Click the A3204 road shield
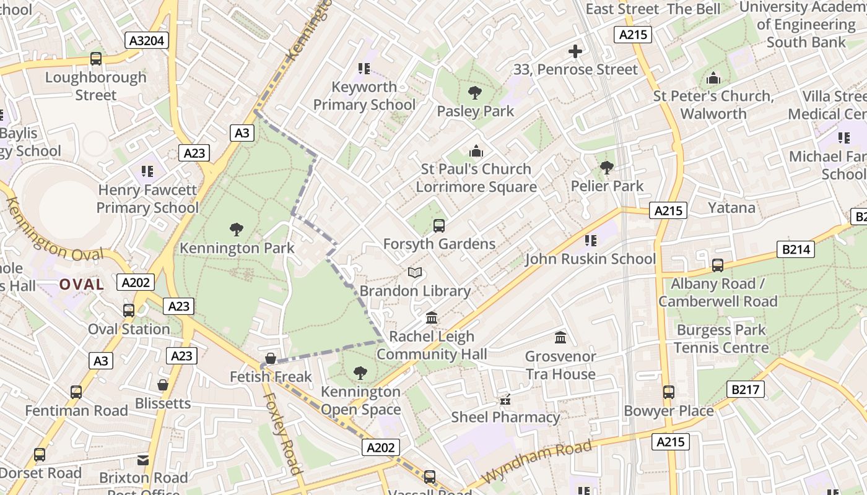pyautogui.click(x=147, y=41)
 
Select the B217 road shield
pyautogui.click(x=746, y=389)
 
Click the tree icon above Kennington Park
pyautogui.click(x=236, y=230)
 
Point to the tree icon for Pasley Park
pyautogui.click(x=475, y=93)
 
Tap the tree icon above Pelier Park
pyautogui.click(x=607, y=167)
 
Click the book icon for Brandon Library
pyautogui.click(x=415, y=272)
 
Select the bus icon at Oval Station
pyautogui.click(x=129, y=311)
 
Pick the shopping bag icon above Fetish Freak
pyautogui.click(x=270, y=358)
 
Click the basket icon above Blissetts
pyautogui.click(x=162, y=385)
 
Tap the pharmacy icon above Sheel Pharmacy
pyautogui.click(x=505, y=399)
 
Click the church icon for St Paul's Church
pyautogui.click(x=476, y=151)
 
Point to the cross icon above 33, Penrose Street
pyautogui.click(x=575, y=51)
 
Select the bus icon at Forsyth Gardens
pyautogui.click(x=439, y=226)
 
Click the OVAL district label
pyautogui.click(x=81, y=284)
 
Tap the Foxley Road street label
pyautogui.click(x=283, y=433)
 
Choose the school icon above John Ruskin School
pyautogui.click(x=590, y=240)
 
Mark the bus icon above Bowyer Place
pyautogui.click(x=669, y=392)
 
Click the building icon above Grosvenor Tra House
pyautogui.click(x=560, y=337)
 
